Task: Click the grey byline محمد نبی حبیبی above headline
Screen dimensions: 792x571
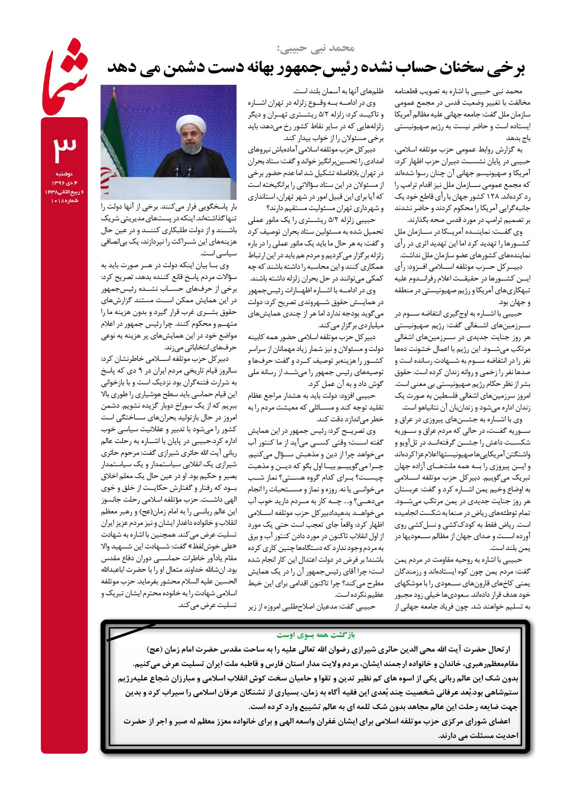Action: [316, 48]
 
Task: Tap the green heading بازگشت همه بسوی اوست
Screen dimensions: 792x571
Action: [316, 635]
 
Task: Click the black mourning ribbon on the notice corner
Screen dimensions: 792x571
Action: [131, 632]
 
